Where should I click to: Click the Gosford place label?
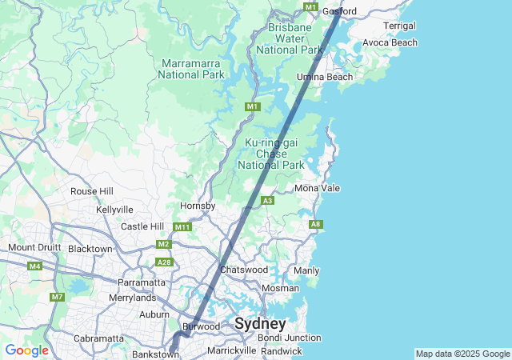338,11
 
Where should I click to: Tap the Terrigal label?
399,26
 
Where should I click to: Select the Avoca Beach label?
390,42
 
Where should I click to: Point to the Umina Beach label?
325,77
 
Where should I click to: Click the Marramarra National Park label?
191,69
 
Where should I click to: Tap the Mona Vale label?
318,188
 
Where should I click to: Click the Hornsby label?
198,206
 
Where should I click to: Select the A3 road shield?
268,200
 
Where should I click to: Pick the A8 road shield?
315,225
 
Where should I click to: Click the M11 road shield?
183,227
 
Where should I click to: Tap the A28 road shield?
164,262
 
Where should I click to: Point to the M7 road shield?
57,298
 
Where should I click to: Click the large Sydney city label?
260,324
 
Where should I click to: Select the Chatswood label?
244,270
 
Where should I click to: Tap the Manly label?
306,270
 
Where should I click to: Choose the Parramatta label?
142,282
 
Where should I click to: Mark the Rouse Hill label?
92,191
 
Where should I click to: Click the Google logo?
26,350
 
